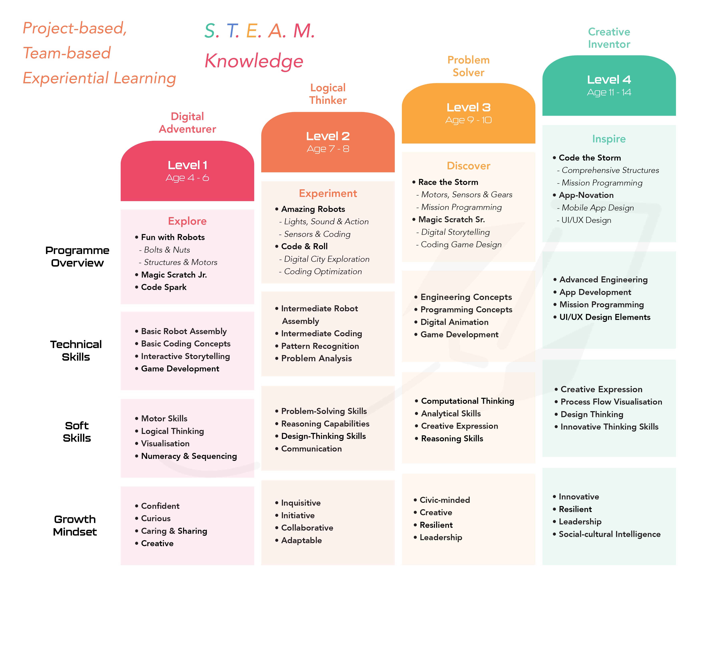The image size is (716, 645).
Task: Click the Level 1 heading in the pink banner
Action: (x=187, y=165)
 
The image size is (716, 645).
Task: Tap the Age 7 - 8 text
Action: (x=328, y=149)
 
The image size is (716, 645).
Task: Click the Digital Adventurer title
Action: (x=187, y=123)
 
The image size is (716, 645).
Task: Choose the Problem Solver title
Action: (x=468, y=66)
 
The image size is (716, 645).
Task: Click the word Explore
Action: (x=187, y=221)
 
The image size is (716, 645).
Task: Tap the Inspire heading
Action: (x=609, y=139)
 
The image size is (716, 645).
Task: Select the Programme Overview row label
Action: (x=77, y=257)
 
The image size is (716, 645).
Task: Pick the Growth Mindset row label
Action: (x=75, y=526)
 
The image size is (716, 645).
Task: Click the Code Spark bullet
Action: (x=161, y=287)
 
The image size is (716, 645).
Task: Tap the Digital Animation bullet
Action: (x=451, y=322)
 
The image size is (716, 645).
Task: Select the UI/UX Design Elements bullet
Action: (x=602, y=317)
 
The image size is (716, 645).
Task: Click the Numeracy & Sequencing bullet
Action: (x=186, y=456)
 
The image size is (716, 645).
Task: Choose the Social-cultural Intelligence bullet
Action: (x=607, y=534)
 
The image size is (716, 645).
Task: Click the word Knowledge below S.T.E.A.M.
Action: (x=254, y=61)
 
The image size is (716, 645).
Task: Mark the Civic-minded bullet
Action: (x=442, y=500)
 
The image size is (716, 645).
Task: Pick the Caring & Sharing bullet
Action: (x=171, y=531)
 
